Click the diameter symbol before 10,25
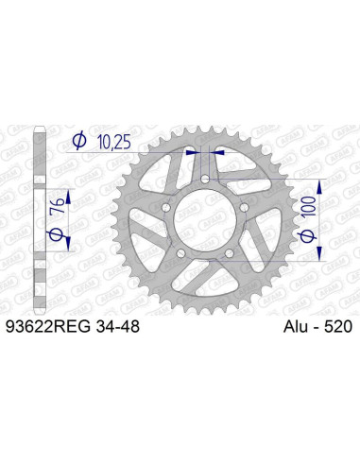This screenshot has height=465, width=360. [x=79, y=143]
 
